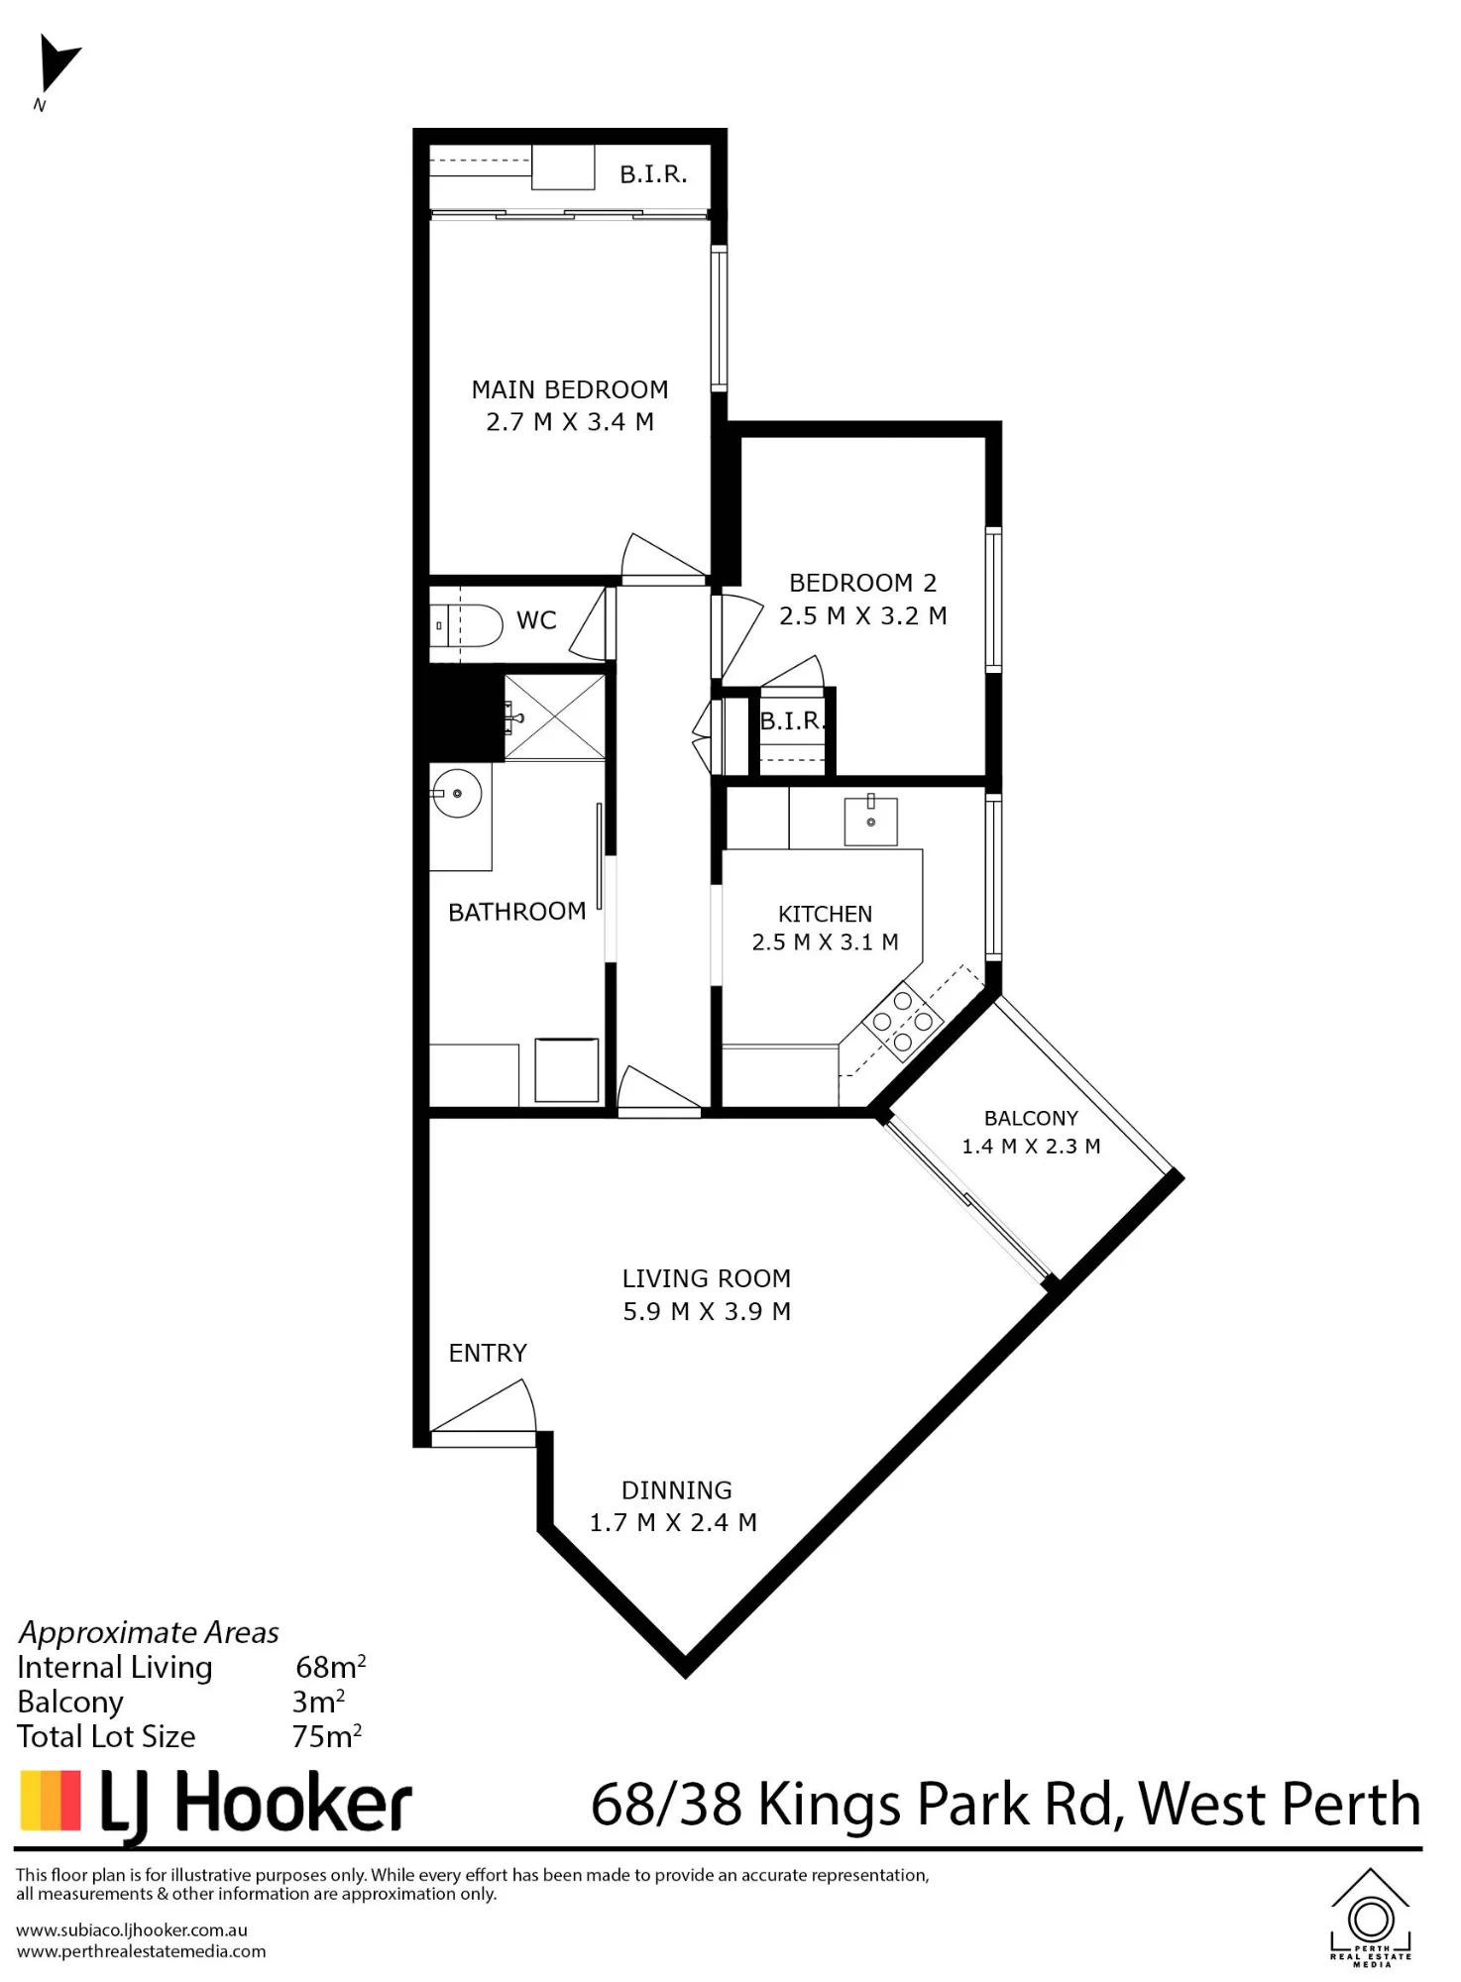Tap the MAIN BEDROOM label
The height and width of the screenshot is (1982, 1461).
coord(570,389)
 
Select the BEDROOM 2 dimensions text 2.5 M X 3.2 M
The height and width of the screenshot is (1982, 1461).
coord(863,615)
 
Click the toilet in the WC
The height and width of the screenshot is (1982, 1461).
coord(472,625)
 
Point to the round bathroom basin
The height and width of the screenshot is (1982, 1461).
coord(457,794)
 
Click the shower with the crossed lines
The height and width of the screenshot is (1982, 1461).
coord(554,717)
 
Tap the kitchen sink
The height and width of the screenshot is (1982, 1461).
coord(870,822)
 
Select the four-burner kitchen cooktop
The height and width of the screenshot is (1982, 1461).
coord(903,1020)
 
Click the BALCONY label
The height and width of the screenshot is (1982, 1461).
coord(1031,1118)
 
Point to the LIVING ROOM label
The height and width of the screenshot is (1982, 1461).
coord(707,1278)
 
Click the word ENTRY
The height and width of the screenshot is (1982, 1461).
coord(488,1353)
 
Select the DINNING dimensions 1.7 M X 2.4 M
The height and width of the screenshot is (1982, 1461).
coord(673,1522)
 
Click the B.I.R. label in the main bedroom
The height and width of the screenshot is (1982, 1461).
coord(653,174)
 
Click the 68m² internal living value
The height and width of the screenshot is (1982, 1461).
coord(331,1667)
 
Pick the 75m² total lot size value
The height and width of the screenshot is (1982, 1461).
coord(327,1736)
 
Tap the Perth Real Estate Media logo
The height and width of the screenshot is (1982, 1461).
coord(1371,1918)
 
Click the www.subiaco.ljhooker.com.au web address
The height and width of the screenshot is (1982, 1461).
coord(132,1929)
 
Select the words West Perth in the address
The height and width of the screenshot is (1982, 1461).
coord(1280,1804)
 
